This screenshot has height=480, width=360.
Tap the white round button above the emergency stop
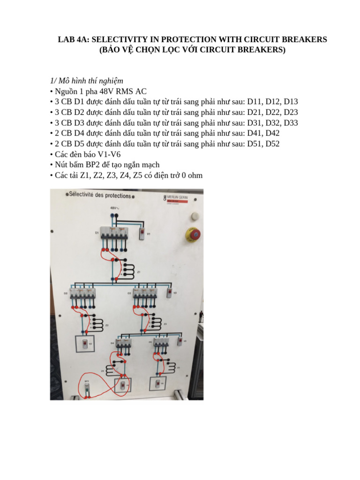point(194,216)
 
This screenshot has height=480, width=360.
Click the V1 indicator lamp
point(142,233)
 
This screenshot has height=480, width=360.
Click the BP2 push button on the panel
point(87,387)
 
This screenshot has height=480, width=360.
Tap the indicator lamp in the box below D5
point(157,383)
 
